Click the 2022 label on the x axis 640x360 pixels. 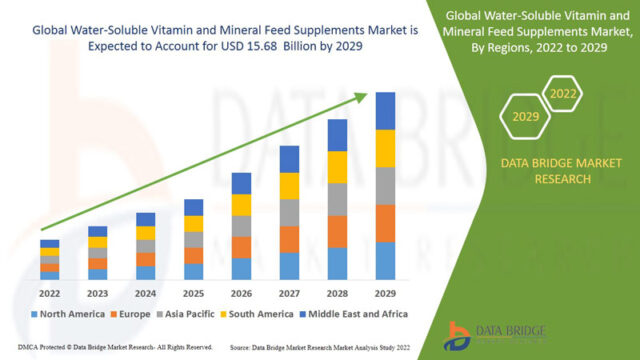[x=49, y=293]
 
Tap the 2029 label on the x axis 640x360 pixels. [x=385, y=293]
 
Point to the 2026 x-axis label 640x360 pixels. [x=241, y=293]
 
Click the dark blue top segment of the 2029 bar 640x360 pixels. [x=385, y=110]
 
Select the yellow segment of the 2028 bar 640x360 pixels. [x=337, y=167]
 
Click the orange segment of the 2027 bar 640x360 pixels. [x=289, y=239]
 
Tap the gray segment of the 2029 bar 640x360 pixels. [x=385, y=186]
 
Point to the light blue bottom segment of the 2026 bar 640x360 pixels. [x=241, y=268]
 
